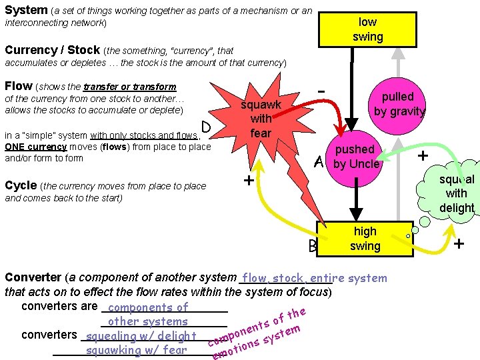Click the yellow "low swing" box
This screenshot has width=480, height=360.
(x=367, y=29)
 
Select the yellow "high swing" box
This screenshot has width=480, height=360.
(x=365, y=239)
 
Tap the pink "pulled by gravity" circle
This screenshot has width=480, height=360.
(x=399, y=104)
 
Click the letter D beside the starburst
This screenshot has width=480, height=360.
(x=207, y=127)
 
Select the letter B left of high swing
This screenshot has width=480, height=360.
(x=313, y=247)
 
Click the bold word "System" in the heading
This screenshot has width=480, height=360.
(x=26, y=10)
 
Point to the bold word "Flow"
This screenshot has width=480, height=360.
(x=18, y=86)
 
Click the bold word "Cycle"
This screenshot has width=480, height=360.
(x=21, y=185)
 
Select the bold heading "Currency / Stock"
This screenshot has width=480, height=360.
(x=52, y=50)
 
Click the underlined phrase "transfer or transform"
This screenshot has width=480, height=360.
(x=130, y=87)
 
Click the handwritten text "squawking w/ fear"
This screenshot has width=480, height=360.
(x=137, y=349)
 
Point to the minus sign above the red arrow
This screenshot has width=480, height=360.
(x=321, y=89)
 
